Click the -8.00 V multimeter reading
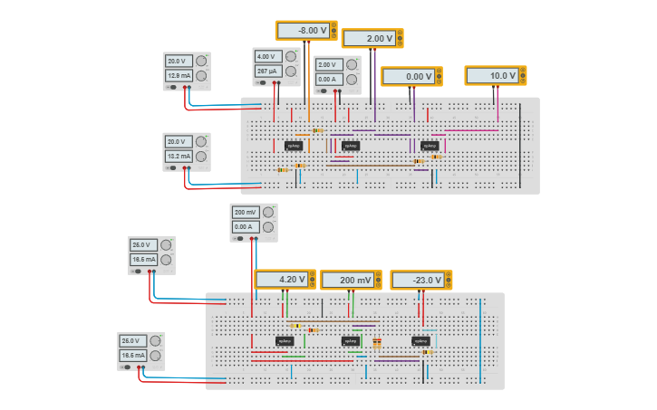[x=303, y=31]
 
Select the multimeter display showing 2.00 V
[x=368, y=39]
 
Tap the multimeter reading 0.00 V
[x=408, y=77]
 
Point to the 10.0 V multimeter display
[x=491, y=76]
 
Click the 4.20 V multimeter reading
[x=281, y=280]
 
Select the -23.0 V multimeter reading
[x=417, y=281]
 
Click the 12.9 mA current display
[x=179, y=76]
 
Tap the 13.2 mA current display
[x=179, y=157]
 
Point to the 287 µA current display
[x=268, y=71]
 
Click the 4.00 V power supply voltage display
[x=268, y=56]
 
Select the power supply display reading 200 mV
[x=246, y=213]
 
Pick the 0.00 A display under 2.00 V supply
[x=329, y=80]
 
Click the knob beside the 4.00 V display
[x=291, y=56]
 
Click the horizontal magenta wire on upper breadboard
[x=471, y=130]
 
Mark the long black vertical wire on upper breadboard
[x=520, y=145]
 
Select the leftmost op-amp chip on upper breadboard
[x=293, y=146]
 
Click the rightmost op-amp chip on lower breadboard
[x=421, y=341]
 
